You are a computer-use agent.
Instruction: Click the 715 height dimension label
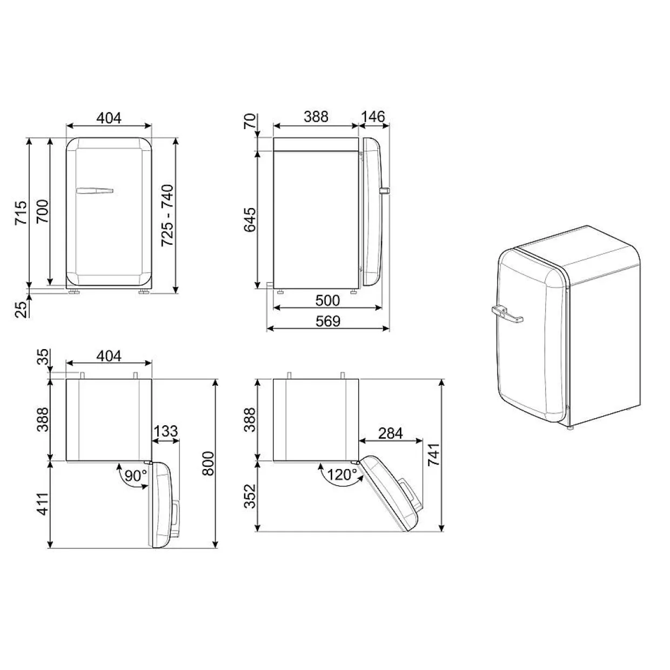click(x=21, y=213)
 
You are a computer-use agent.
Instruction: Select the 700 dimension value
click(x=43, y=211)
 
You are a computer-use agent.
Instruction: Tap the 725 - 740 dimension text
click(x=167, y=216)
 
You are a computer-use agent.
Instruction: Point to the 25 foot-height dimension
click(x=22, y=309)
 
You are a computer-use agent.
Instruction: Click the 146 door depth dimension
click(x=373, y=117)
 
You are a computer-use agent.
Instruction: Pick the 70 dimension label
click(x=250, y=122)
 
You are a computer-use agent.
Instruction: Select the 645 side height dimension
click(x=250, y=220)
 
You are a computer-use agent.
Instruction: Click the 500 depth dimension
click(x=327, y=300)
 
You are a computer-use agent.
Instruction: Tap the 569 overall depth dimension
click(x=328, y=321)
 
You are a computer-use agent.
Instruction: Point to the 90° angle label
click(x=136, y=475)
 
